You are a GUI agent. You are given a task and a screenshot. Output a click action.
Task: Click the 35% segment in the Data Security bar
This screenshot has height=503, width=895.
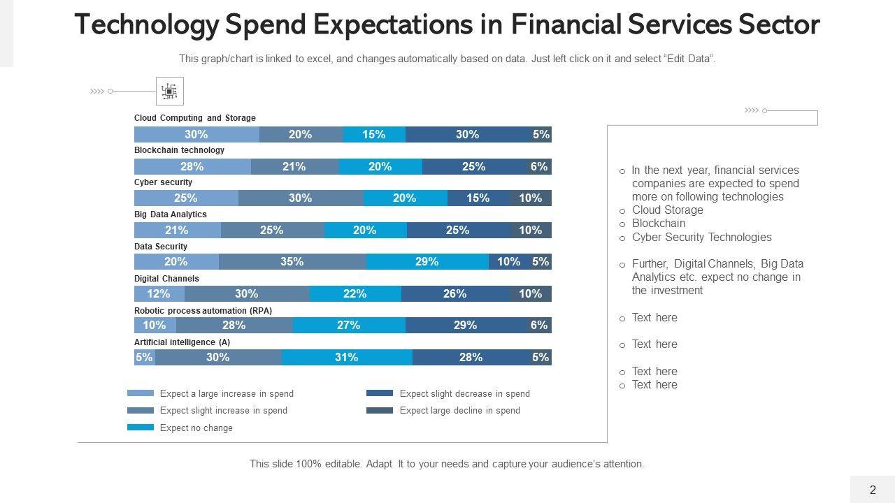(292, 262)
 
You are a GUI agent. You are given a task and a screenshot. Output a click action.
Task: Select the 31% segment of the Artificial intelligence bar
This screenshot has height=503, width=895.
(347, 358)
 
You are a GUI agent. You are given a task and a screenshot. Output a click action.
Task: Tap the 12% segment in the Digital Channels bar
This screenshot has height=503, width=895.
(159, 294)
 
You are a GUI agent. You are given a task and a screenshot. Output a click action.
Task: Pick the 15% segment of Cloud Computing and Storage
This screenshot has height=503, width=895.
(374, 135)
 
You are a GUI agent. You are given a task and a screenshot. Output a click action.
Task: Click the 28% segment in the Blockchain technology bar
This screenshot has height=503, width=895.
(192, 167)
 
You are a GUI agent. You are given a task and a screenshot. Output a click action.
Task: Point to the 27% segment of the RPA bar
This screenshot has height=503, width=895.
(349, 326)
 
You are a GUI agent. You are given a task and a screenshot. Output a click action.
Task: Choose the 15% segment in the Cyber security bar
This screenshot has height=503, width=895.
(478, 198)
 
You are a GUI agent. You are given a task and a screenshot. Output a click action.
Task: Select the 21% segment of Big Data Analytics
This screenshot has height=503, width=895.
(178, 231)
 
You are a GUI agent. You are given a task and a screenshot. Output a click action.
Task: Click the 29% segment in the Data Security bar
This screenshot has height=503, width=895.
(427, 262)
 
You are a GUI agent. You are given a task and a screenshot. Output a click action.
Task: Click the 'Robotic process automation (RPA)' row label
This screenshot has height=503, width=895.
(203, 310)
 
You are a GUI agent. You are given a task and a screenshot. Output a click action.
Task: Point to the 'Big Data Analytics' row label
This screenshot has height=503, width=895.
(170, 214)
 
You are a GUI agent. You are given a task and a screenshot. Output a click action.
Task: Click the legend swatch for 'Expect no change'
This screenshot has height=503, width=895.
(141, 428)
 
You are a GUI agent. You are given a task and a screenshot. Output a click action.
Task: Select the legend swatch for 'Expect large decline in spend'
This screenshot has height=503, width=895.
(380, 411)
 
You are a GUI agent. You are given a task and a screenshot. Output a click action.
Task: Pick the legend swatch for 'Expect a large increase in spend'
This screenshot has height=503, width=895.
(141, 393)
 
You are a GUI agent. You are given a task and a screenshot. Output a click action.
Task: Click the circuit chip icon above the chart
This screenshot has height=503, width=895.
(169, 91)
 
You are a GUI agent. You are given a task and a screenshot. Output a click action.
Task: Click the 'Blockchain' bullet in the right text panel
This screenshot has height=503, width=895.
(658, 224)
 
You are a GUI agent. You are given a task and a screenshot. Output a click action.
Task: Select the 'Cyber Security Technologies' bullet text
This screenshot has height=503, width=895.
(701, 238)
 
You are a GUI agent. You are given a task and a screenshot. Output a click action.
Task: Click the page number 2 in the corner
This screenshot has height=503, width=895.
(873, 490)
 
